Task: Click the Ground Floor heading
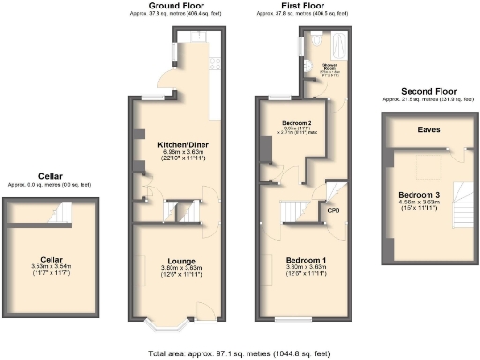pyautogui.click(x=176, y=7)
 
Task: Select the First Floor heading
pyautogui.click(x=299, y=7)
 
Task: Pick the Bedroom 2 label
pyautogui.click(x=299, y=123)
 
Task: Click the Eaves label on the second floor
pyautogui.click(x=416, y=130)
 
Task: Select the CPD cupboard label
pyautogui.click(x=333, y=211)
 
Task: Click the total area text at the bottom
pyautogui.click(x=238, y=352)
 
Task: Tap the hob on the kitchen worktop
pyautogui.click(x=215, y=67)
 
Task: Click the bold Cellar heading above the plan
pyautogui.click(x=51, y=175)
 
